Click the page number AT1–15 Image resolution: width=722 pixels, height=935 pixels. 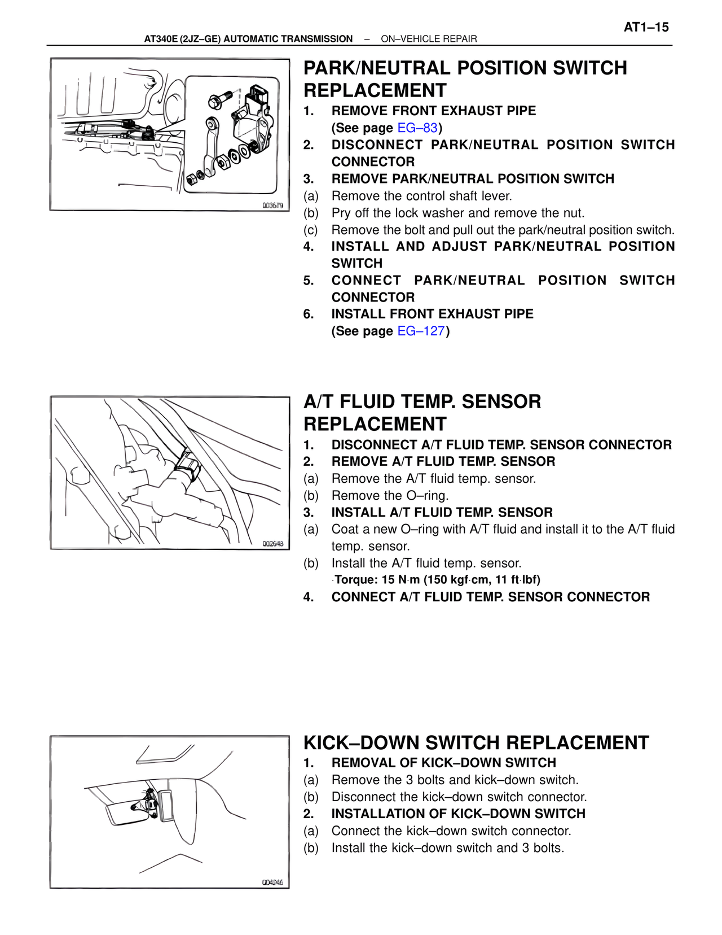[x=646, y=27]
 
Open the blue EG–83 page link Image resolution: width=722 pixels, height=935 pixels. [x=417, y=128]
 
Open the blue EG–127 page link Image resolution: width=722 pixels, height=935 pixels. [x=421, y=331]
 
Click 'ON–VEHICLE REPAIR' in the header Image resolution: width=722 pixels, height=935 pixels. [x=429, y=39]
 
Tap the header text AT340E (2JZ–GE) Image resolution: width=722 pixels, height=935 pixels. [x=183, y=39]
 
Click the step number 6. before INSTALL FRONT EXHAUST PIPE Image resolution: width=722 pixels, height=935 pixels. [x=308, y=314]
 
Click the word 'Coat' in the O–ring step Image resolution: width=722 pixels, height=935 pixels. [x=345, y=530]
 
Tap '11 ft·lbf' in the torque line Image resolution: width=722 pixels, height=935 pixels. [x=517, y=580]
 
